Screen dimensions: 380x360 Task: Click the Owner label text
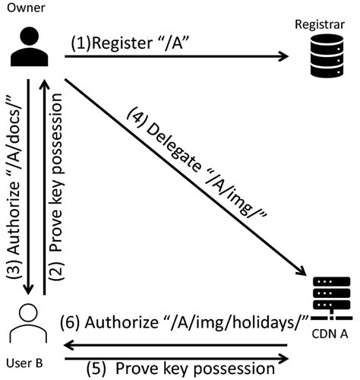coord(24,8)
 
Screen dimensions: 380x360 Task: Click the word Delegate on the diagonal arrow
coord(175,149)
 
